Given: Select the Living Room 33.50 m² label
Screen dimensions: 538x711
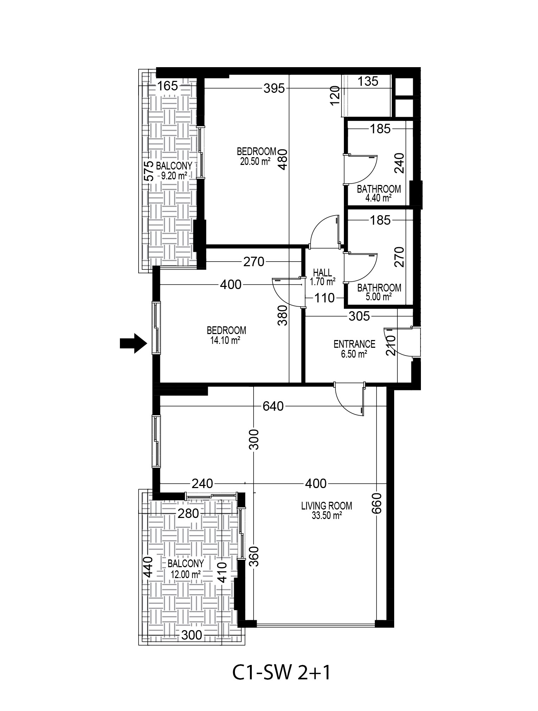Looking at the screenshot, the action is pos(327,511).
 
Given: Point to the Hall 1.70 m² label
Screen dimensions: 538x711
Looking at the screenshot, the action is pos(322,277).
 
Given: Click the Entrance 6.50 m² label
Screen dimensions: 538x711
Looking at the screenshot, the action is pos(354,349).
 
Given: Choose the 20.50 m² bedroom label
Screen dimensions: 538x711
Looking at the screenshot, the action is pos(256,156).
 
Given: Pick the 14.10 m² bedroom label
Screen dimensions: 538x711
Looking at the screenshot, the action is pos(226,335).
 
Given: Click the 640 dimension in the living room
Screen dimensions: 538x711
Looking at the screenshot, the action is pos(273,406).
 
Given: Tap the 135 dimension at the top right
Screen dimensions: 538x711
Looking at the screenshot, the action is pos(368,81).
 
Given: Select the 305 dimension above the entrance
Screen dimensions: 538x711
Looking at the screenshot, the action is pos(359,316).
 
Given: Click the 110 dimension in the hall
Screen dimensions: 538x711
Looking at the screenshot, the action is pos(324,298).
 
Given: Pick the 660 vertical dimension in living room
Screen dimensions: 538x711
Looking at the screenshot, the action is pos(376,503).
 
